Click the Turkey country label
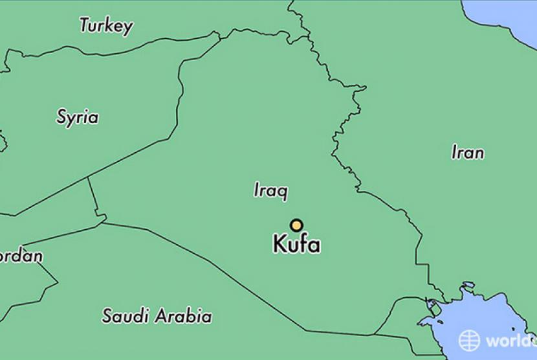click(x=106, y=26)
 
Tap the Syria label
click(x=77, y=117)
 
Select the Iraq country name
click(x=270, y=190)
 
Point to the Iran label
click(x=467, y=153)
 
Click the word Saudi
click(x=126, y=316)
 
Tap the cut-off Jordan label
click(x=21, y=256)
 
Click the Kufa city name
click(x=296, y=245)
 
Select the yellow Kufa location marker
click(x=296, y=225)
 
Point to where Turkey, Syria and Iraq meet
click(x=220, y=39)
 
